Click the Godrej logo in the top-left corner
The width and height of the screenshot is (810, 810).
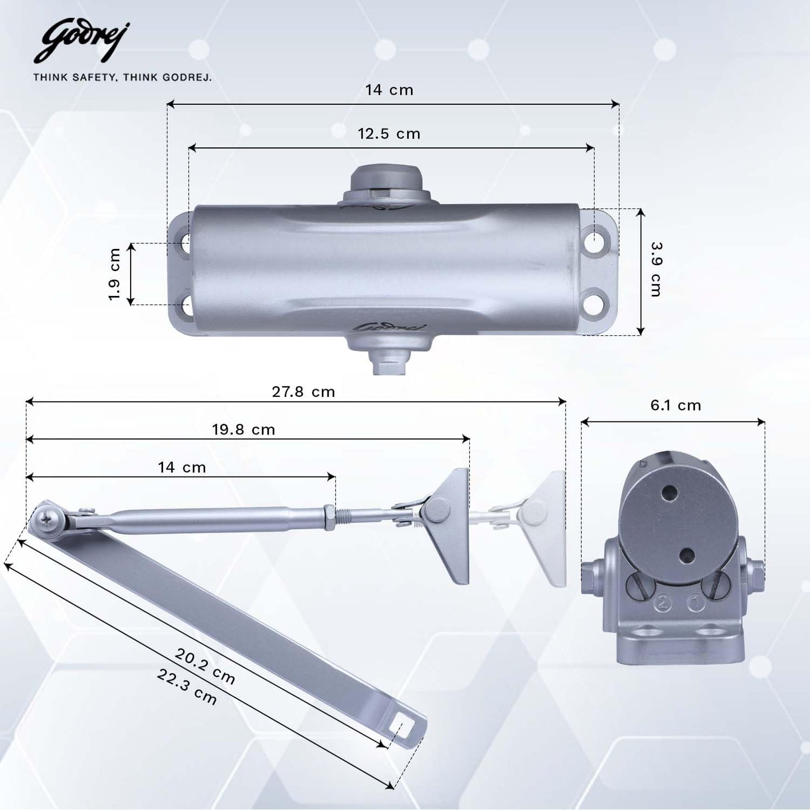click(82, 42)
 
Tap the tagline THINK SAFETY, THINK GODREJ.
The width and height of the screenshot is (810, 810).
click(122, 77)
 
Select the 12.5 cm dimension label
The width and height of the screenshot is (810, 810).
click(388, 134)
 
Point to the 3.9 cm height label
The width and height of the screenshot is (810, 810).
click(655, 269)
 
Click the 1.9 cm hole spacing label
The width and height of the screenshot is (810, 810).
click(115, 274)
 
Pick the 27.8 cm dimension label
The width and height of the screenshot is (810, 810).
click(303, 392)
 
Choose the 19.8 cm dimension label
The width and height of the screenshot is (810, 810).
click(243, 430)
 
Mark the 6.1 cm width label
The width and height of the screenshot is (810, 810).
click(675, 405)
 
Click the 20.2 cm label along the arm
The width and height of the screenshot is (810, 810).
click(205, 666)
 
